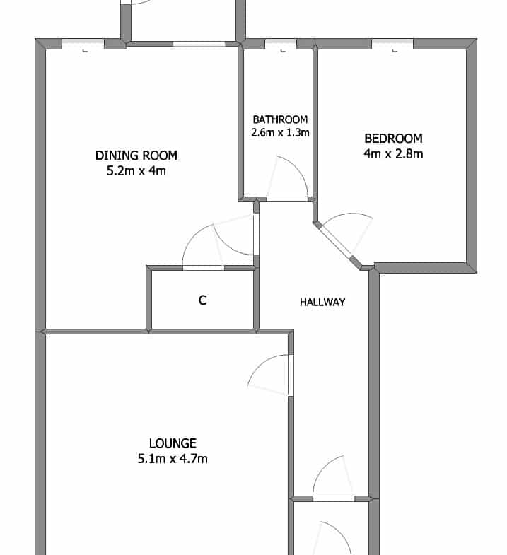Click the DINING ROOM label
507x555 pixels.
(x=136, y=156)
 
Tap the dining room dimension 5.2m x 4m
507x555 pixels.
(x=136, y=171)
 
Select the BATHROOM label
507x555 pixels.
(x=280, y=119)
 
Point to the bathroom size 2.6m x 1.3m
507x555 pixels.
(x=280, y=132)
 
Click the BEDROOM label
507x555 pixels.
(x=393, y=139)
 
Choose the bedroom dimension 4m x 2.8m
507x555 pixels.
(x=393, y=154)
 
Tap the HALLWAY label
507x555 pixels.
(x=322, y=302)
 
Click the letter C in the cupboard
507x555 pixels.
(x=202, y=300)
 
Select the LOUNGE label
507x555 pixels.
(x=173, y=443)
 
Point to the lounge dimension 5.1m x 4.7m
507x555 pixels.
(x=173, y=459)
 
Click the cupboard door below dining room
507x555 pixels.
(x=203, y=247)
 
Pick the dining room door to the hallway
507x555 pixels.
(x=236, y=235)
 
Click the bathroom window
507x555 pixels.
(x=281, y=44)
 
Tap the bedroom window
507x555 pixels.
(x=392, y=44)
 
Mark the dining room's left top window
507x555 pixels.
(x=83, y=44)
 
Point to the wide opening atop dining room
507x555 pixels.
(x=199, y=44)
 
